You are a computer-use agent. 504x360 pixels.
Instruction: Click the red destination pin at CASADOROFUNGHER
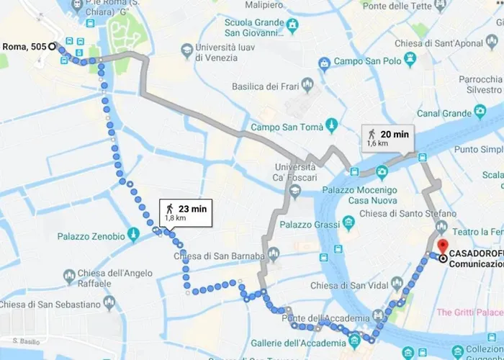click(x=441, y=246)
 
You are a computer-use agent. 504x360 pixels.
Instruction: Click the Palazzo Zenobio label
click(x=90, y=235)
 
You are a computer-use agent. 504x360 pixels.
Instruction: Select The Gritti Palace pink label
click(x=469, y=312)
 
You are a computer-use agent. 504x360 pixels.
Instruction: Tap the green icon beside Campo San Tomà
click(x=331, y=126)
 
